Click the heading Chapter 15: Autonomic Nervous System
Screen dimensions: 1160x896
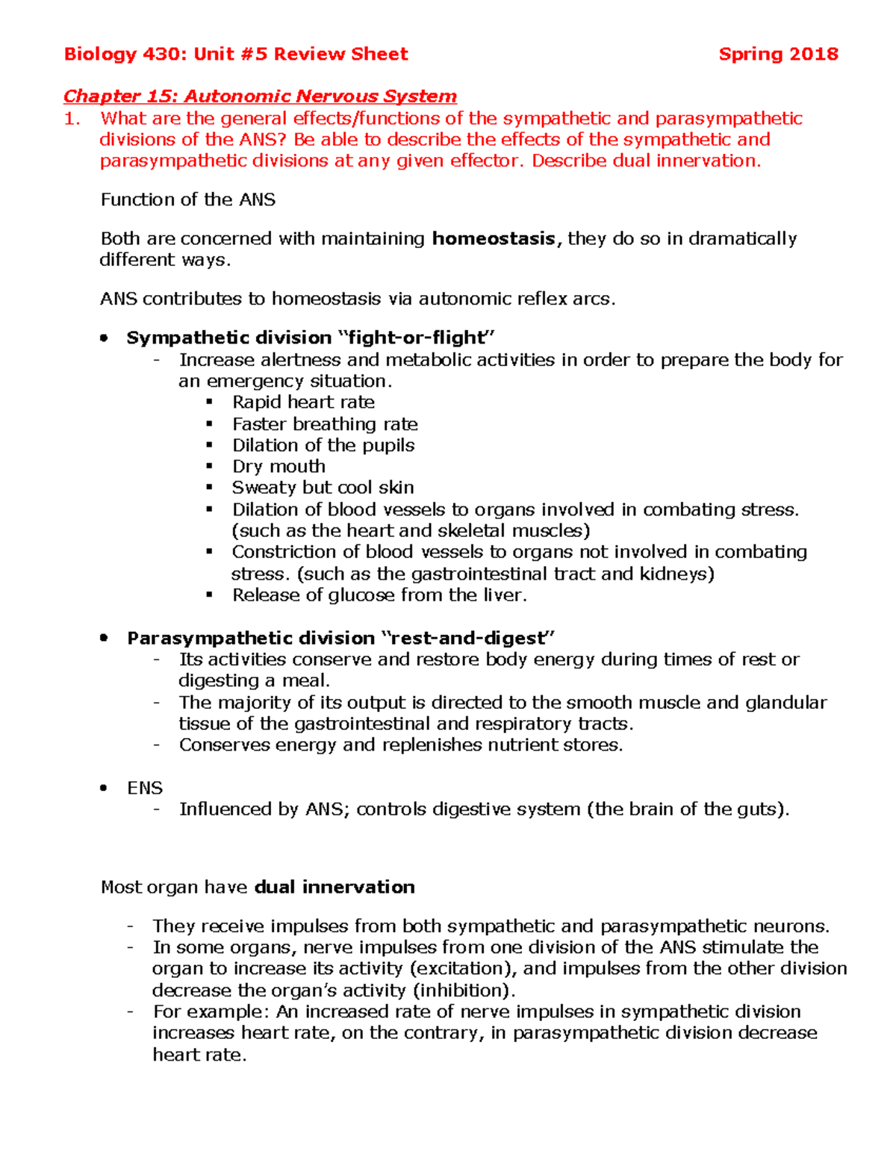(260, 96)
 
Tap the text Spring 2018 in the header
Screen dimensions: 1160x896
(778, 55)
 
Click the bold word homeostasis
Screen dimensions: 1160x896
(494, 239)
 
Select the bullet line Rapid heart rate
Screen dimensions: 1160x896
(303, 403)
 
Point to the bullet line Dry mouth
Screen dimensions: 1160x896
(279, 467)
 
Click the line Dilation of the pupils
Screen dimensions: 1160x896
(323, 445)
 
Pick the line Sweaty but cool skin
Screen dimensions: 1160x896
(323, 488)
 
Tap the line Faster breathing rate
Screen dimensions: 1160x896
(325, 424)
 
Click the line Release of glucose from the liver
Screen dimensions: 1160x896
(379, 595)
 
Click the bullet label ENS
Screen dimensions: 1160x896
(145, 788)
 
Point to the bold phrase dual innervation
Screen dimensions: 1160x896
(335, 887)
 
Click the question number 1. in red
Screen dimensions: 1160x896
(72, 119)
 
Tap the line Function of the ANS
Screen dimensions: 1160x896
(188, 199)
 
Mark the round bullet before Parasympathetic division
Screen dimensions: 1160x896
(105, 639)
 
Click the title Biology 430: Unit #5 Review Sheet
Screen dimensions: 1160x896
(236, 55)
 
